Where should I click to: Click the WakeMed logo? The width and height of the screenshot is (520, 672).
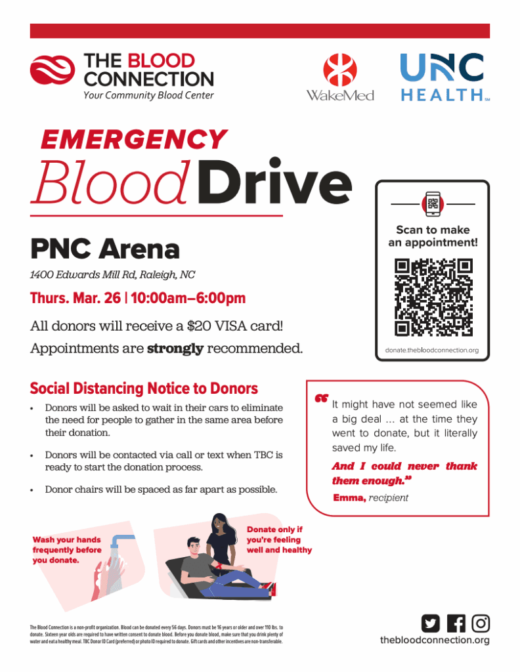339,77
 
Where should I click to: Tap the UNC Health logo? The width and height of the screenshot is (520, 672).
445,77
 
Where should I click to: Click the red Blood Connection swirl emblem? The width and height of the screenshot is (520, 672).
53,70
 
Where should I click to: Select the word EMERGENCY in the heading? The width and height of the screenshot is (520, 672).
134,139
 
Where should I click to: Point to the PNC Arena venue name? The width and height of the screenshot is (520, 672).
104,249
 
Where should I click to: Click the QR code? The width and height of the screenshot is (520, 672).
433,297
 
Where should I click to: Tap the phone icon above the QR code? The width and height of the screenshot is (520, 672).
433,204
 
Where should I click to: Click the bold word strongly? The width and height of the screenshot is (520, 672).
175,348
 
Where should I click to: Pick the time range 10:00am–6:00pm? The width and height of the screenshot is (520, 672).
188,299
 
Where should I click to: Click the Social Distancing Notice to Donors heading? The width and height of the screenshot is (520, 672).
144,388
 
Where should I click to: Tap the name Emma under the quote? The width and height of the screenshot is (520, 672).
349,498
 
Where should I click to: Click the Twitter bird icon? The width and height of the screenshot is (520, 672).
431,623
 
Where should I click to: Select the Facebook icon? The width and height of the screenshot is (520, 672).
456,623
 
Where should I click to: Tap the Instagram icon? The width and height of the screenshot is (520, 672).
481,623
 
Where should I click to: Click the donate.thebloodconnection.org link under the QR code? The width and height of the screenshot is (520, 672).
432,350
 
